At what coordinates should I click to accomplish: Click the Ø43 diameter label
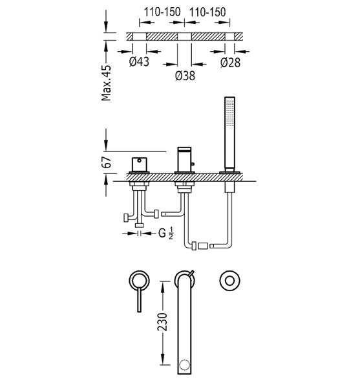(x=139, y=61)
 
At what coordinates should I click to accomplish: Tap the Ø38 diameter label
(x=185, y=76)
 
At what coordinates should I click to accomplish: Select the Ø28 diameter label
(x=230, y=63)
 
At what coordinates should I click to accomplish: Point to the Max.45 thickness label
(x=107, y=83)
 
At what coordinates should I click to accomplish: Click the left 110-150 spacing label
(x=162, y=12)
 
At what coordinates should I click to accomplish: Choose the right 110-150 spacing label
(x=207, y=12)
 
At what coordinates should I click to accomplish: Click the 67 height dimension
(x=107, y=162)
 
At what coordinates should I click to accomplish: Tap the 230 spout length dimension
(x=162, y=322)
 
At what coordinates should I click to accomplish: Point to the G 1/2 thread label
(x=165, y=233)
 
